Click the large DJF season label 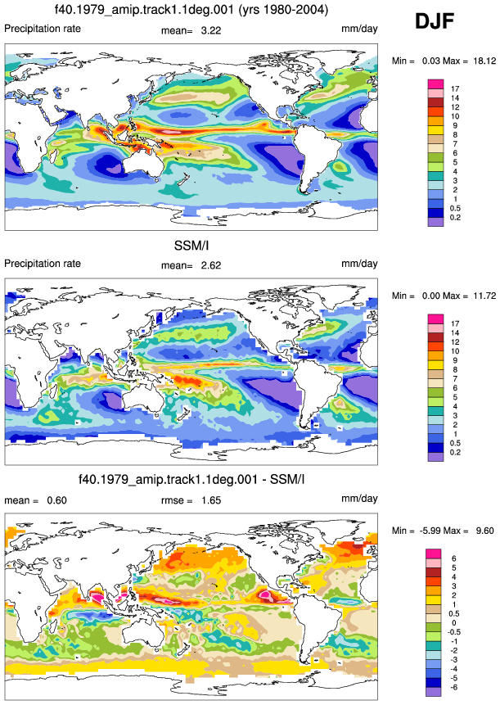pyautogui.click(x=435, y=21)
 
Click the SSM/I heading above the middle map pyautogui.click(x=191, y=246)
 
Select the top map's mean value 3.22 pyautogui.click(x=211, y=30)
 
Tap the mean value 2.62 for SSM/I pyautogui.click(x=211, y=265)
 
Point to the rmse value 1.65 pyautogui.click(x=211, y=500)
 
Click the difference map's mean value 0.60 pyautogui.click(x=57, y=500)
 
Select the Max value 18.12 pyautogui.click(x=484, y=61)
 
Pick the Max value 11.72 pyautogui.click(x=484, y=296)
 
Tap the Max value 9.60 pyautogui.click(x=484, y=531)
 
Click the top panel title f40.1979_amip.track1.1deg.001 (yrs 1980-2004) pyautogui.click(x=191, y=10)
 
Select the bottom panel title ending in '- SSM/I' pyautogui.click(x=191, y=480)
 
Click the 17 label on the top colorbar pyautogui.click(x=455, y=89)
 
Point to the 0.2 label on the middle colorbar pyautogui.click(x=455, y=452)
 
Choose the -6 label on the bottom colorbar pyautogui.click(x=453, y=688)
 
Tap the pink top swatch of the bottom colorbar pyautogui.click(x=434, y=554)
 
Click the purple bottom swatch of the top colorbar pyautogui.click(x=435, y=222)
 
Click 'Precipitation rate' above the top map pyautogui.click(x=43, y=29)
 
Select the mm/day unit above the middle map pyautogui.click(x=359, y=264)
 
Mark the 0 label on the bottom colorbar pyautogui.click(x=453, y=623)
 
